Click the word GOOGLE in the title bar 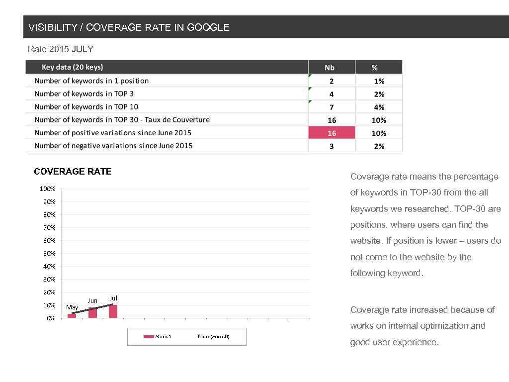point(208,27)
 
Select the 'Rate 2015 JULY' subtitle point(60,49)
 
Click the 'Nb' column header point(330,68)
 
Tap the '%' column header point(375,68)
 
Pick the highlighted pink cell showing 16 point(332,133)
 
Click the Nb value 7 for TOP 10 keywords point(332,107)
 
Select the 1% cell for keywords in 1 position point(379,81)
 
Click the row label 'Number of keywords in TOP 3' point(84,94)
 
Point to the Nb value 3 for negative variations point(332,146)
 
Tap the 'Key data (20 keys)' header point(72,67)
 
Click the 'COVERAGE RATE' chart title point(73,172)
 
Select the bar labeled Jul point(113,311)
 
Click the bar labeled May point(72,315)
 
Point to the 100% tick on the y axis point(48,189)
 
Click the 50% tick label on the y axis point(48,254)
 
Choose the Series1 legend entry point(158,337)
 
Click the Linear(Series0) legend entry point(213,337)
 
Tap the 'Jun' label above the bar point(92,300)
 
